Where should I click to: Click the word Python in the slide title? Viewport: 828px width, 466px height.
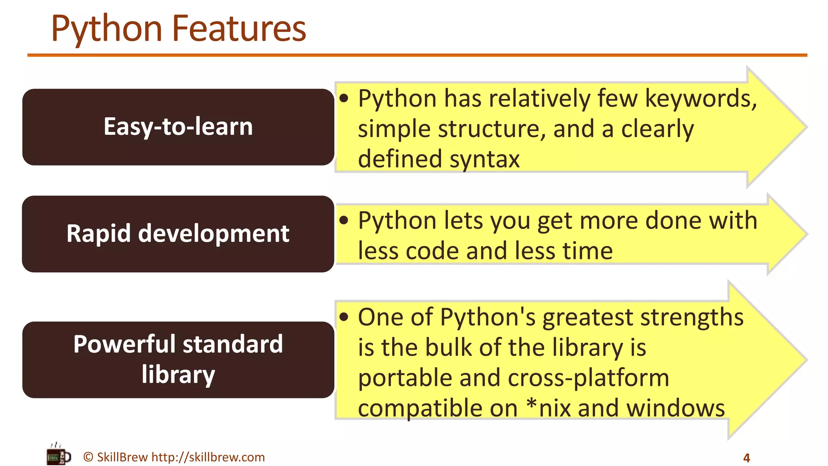[x=107, y=29]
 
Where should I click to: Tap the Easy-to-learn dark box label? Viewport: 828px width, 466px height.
[x=178, y=127]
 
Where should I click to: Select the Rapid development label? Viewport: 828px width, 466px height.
[x=178, y=234]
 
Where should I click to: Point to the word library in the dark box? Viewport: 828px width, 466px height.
[x=178, y=375]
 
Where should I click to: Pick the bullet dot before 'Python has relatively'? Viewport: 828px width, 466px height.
[x=344, y=98]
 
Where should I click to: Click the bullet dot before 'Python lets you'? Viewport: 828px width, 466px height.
[x=344, y=220]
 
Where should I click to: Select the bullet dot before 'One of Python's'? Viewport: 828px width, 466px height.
[x=344, y=317]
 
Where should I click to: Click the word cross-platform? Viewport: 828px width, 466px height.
[x=588, y=378]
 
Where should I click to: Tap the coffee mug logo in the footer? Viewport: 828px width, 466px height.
[x=58, y=455]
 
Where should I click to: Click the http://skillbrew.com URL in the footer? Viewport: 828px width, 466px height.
[x=208, y=457]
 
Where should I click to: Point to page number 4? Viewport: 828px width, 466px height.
[x=746, y=458]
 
